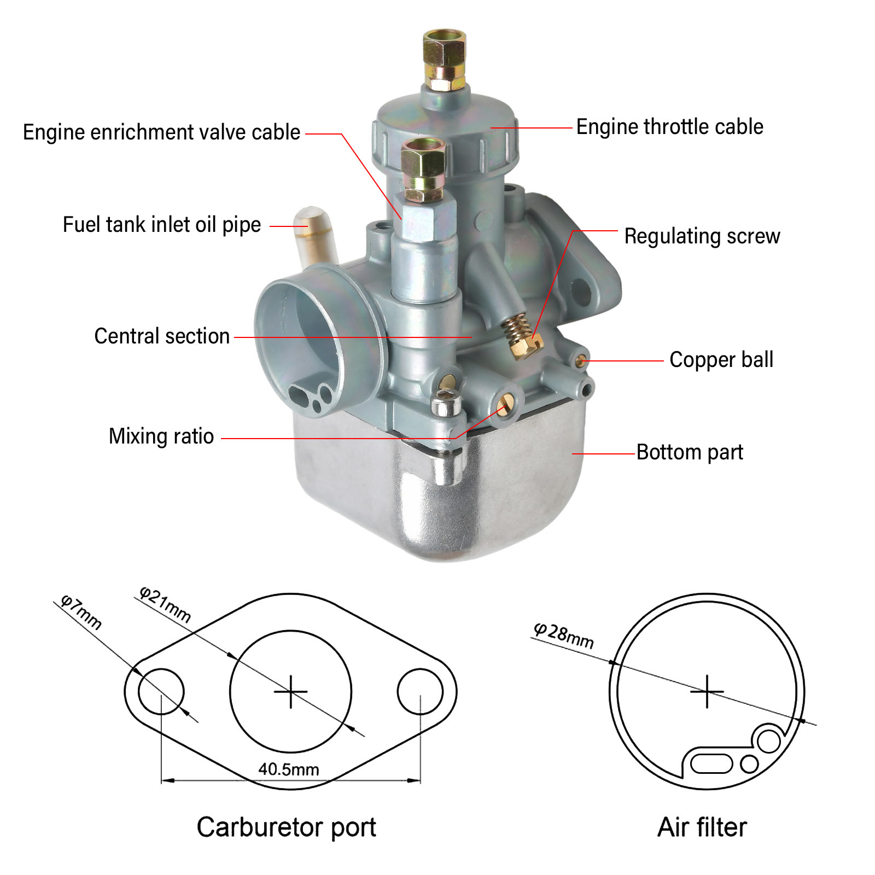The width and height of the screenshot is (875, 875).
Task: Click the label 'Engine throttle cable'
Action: (x=669, y=127)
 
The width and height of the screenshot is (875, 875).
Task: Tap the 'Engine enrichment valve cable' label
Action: (x=161, y=132)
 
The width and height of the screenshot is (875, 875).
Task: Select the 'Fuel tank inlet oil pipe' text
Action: (x=162, y=225)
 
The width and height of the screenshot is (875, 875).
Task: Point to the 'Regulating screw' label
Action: (x=702, y=236)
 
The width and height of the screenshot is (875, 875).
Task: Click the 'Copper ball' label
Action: (x=721, y=360)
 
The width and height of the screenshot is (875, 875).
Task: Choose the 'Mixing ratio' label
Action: (x=161, y=436)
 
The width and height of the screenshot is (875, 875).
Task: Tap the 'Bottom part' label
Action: (x=690, y=452)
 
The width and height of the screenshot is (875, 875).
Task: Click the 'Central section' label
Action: (x=162, y=336)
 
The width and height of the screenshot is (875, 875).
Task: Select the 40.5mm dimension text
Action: (x=289, y=769)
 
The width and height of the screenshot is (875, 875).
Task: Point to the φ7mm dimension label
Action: (x=81, y=612)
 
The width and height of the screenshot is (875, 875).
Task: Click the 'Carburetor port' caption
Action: (x=286, y=827)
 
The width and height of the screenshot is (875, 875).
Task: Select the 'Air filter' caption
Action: (x=702, y=827)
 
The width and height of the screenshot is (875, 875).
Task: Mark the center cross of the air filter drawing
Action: (x=707, y=692)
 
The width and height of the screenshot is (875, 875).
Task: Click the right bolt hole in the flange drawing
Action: (x=420, y=692)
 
